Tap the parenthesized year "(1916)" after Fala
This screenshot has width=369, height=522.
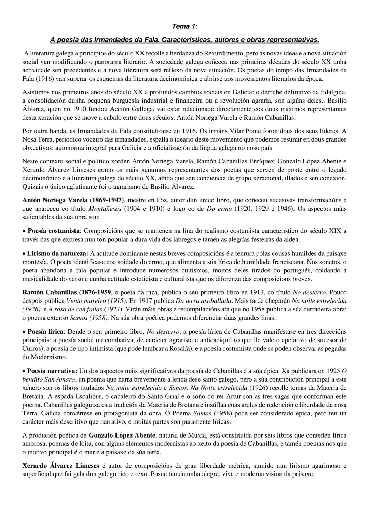click(x=31, y=79)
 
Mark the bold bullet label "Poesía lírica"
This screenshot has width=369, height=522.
click(x=47, y=332)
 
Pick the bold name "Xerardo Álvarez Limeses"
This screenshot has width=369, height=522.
click(x=60, y=466)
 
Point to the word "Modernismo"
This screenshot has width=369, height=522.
click(x=47, y=357)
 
